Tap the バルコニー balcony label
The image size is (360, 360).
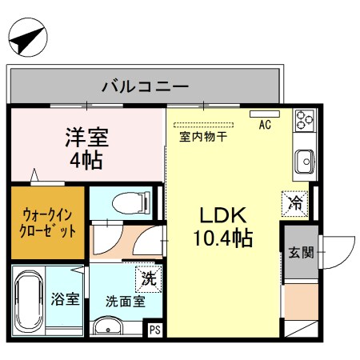click(145, 86)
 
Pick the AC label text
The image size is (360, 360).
click(265, 126)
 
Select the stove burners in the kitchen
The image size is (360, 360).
click(305, 119)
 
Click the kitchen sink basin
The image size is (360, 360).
click(305, 162)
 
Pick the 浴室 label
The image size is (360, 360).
click(66, 300)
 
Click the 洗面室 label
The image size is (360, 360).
click(125, 302)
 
